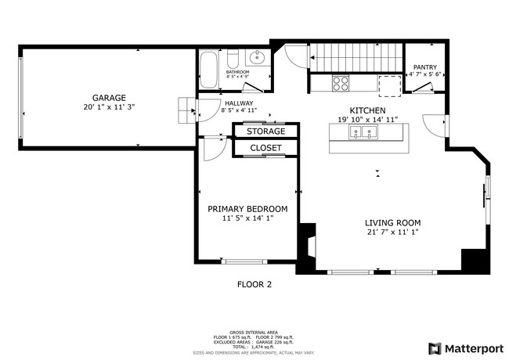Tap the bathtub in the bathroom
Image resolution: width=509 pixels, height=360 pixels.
pyautogui.click(x=209, y=70)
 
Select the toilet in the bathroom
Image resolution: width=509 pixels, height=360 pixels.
pyautogui.click(x=233, y=59)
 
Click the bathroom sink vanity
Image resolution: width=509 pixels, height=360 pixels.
pyautogui.click(x=257, y=58)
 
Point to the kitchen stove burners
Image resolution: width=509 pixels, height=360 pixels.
pyautogui.click(x=341, y=83)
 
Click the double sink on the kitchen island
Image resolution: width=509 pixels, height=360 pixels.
pyautogui.click(x=363, y=135)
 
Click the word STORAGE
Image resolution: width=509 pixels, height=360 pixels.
pyautogui.click(x=266, y=131)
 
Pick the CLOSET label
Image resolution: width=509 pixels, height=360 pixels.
pyautogui.click(x=265, y=148)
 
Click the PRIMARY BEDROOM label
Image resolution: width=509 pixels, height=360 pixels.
pyautogui.click(x=247, y=209)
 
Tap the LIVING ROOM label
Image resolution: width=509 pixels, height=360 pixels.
pyautogui.click(x=392, y=223)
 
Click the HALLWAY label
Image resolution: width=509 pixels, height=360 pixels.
pyautogui.click(x=237, y=102)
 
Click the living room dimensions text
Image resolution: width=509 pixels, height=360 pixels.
pyautogui.click(x=392, y=232)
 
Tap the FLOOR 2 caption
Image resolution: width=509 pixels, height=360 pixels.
pyautogui.click(x=254, y=285)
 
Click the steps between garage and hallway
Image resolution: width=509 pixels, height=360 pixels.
pyautogui.click(x=186, y=110)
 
